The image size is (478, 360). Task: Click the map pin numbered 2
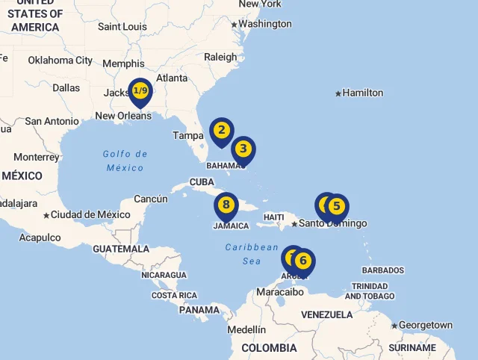[x=221, y=131]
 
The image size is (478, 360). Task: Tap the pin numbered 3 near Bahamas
[x=243, y=149]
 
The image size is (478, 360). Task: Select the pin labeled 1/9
[x=140, y=91]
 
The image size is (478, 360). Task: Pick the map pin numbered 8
[x=226, y=204]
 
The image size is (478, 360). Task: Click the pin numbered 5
[x=336, y=205]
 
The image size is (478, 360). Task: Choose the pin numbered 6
[x=302, y=261]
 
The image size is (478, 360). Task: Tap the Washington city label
[x=265, y=24]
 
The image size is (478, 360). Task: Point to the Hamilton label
[x=363, y=93]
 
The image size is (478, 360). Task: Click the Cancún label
[x=151, y=199]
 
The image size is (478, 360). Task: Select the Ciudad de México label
[x=85, y=215]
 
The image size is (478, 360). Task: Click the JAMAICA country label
[x=231, y=226]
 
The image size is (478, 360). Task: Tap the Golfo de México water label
[x=125, y=161]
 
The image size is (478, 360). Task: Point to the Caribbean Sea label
[x=252, y=254]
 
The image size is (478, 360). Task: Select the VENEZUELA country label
[x=326, y=314]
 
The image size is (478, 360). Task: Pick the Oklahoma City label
[x=60, y=60]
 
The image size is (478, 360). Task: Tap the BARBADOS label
[x=382, y=270]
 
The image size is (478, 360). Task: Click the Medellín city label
[x=246, y=329]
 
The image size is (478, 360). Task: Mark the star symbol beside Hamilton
[x=338, y=93]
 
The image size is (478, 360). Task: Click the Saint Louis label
[x=122, y=27]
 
